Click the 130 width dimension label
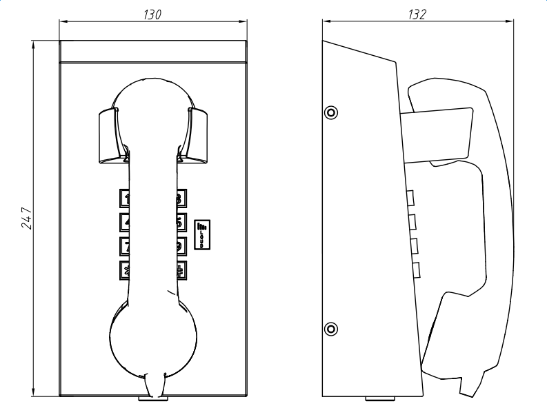point(153,14)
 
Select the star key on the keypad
point(126,269)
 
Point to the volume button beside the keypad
point(203,233)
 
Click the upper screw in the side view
point(331,112)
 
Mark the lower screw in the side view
point(331,328)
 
